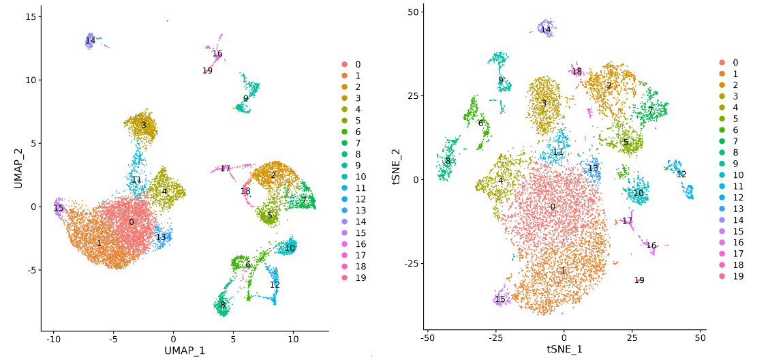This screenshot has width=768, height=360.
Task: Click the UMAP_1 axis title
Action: [x=184, y=350]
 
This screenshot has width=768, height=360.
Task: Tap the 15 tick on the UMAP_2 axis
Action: [x=30, y=16]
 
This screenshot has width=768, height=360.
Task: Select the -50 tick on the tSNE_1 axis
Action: [x=427, y=338]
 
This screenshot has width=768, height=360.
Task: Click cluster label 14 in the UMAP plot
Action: [x=91, y=41]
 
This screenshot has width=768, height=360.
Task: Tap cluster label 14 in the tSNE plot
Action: [x=546, y=29]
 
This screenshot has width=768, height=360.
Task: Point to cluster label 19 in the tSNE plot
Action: [x=639, y=280]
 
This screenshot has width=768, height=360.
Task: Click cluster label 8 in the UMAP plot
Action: [x=222, y=305]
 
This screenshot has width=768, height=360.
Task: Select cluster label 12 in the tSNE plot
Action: [x=681, y=175]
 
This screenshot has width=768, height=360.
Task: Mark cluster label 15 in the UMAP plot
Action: [x=59, y=208]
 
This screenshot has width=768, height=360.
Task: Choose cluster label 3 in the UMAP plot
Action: [x=143, y=125]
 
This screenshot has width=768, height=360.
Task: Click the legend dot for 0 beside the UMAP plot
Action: [x=345, y=65]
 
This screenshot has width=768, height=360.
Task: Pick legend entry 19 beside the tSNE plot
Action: [x=736, y=276]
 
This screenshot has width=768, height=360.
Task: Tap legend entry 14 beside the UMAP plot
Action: [x=358, y=222]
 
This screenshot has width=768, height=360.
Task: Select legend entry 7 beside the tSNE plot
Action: [x=735, y=141]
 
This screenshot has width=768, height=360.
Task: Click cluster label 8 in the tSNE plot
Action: [x=448, y=161]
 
